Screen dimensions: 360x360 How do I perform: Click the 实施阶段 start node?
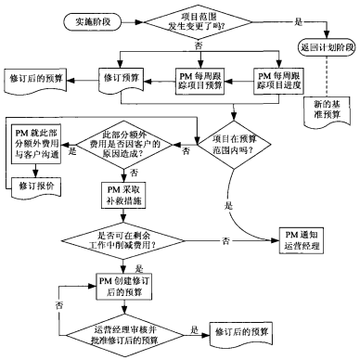88,19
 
